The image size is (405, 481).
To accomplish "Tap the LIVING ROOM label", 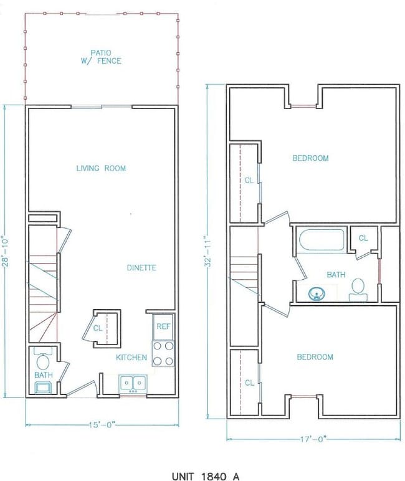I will [x=101, y=168].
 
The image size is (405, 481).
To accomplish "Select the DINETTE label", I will [x=141, y=268].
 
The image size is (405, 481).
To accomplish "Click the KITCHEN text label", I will [x=131, y=358].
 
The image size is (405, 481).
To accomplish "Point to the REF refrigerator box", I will [x=163, y=326].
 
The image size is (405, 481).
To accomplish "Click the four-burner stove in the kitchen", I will [x=163, y=353].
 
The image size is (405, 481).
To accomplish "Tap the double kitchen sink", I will [x=132, y=383].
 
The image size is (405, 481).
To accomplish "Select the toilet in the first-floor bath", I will [x=44, y=361].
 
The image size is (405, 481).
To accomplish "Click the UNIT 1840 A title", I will [x=206, y=476].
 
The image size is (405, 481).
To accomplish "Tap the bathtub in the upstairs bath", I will [x=322, y=240].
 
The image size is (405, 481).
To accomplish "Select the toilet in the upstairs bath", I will [x=358, y=288].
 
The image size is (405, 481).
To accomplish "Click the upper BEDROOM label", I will [x=310, y=158].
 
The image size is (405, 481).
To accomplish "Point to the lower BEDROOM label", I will [x=314, y=357].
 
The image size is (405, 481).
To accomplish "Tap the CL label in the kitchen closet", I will [x=98, y=328].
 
